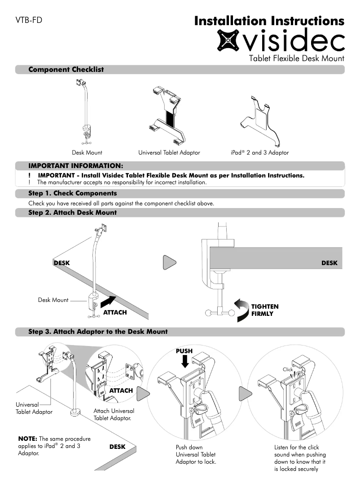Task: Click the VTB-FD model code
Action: click(x=29, y=20)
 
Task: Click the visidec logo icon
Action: click(x=229, y=40)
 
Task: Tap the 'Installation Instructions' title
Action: click(x=269, y=21)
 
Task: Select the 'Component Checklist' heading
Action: click(x=66, y=70)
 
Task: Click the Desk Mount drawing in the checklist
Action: click(x=86, y=112)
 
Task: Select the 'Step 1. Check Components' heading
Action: click(x=72, y=194)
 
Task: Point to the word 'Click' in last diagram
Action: click(x=288, y=369)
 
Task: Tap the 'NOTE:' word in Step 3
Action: click(x=28, y=439)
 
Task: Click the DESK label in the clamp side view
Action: click(x=329, y=263)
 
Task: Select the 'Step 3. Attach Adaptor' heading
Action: click(x=98, y=332)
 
